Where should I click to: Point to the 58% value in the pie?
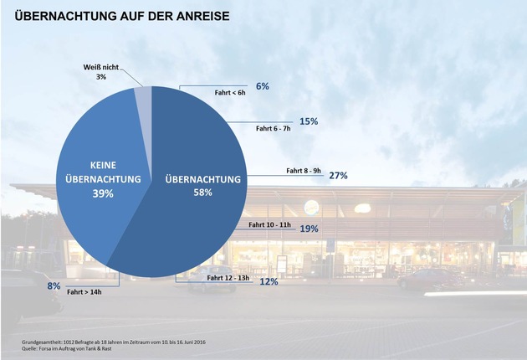tap(202, 193)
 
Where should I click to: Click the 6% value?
tap(263, 86)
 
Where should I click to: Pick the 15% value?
tap(309, 121)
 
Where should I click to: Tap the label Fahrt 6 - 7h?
tap(272, 129)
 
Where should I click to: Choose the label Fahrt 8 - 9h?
tap(304, 170)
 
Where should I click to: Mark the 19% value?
tap(309, 228)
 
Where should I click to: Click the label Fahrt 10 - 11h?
tap(269, 224)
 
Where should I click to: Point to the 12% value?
tap(269, 282)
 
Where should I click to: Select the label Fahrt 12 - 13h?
tap(228, 277)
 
